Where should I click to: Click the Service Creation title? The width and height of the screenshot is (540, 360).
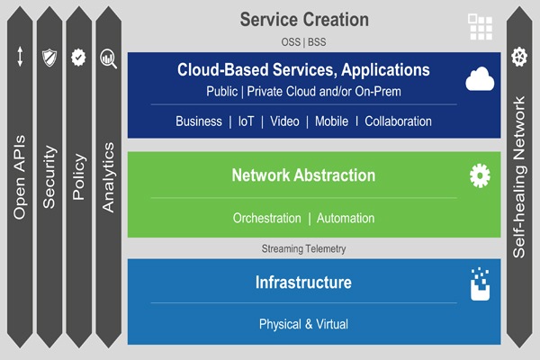(x=305, y=19)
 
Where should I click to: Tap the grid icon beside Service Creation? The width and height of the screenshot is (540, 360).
(x=480, y=26)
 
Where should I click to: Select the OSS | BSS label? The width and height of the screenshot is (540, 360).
(x=305, y=41)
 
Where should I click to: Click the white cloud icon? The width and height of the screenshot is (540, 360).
(x=480, y=81)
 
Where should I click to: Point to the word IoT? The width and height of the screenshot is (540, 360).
(x=246, y=121)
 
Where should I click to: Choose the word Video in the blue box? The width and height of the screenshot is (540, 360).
(x=284, y=121)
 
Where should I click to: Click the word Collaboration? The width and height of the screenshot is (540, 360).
(x=398, y=121)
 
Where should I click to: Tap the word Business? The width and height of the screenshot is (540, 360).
(x=199, y=121)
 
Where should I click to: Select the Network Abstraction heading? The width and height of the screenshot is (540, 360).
(x=303, y=175)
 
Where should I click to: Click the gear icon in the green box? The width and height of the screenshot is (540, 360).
(x=480, y=175)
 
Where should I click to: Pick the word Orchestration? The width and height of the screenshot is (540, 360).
(x=266, y=219)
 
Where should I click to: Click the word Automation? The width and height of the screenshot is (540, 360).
(x=346, y=219)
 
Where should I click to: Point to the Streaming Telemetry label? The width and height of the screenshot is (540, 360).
(x=303, y=248)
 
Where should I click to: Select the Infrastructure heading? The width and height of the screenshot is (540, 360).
(x=303, y=283)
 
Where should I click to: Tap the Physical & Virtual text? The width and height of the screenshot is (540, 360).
(x=303, y=324)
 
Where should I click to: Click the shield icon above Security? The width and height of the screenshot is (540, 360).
(x=49, y=58)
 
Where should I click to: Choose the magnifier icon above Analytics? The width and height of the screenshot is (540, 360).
(x=109, y=58)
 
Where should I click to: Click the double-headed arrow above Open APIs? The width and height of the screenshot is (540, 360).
(x=20, y=58)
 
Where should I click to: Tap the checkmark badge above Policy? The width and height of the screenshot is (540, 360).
(x=79, y=58)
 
